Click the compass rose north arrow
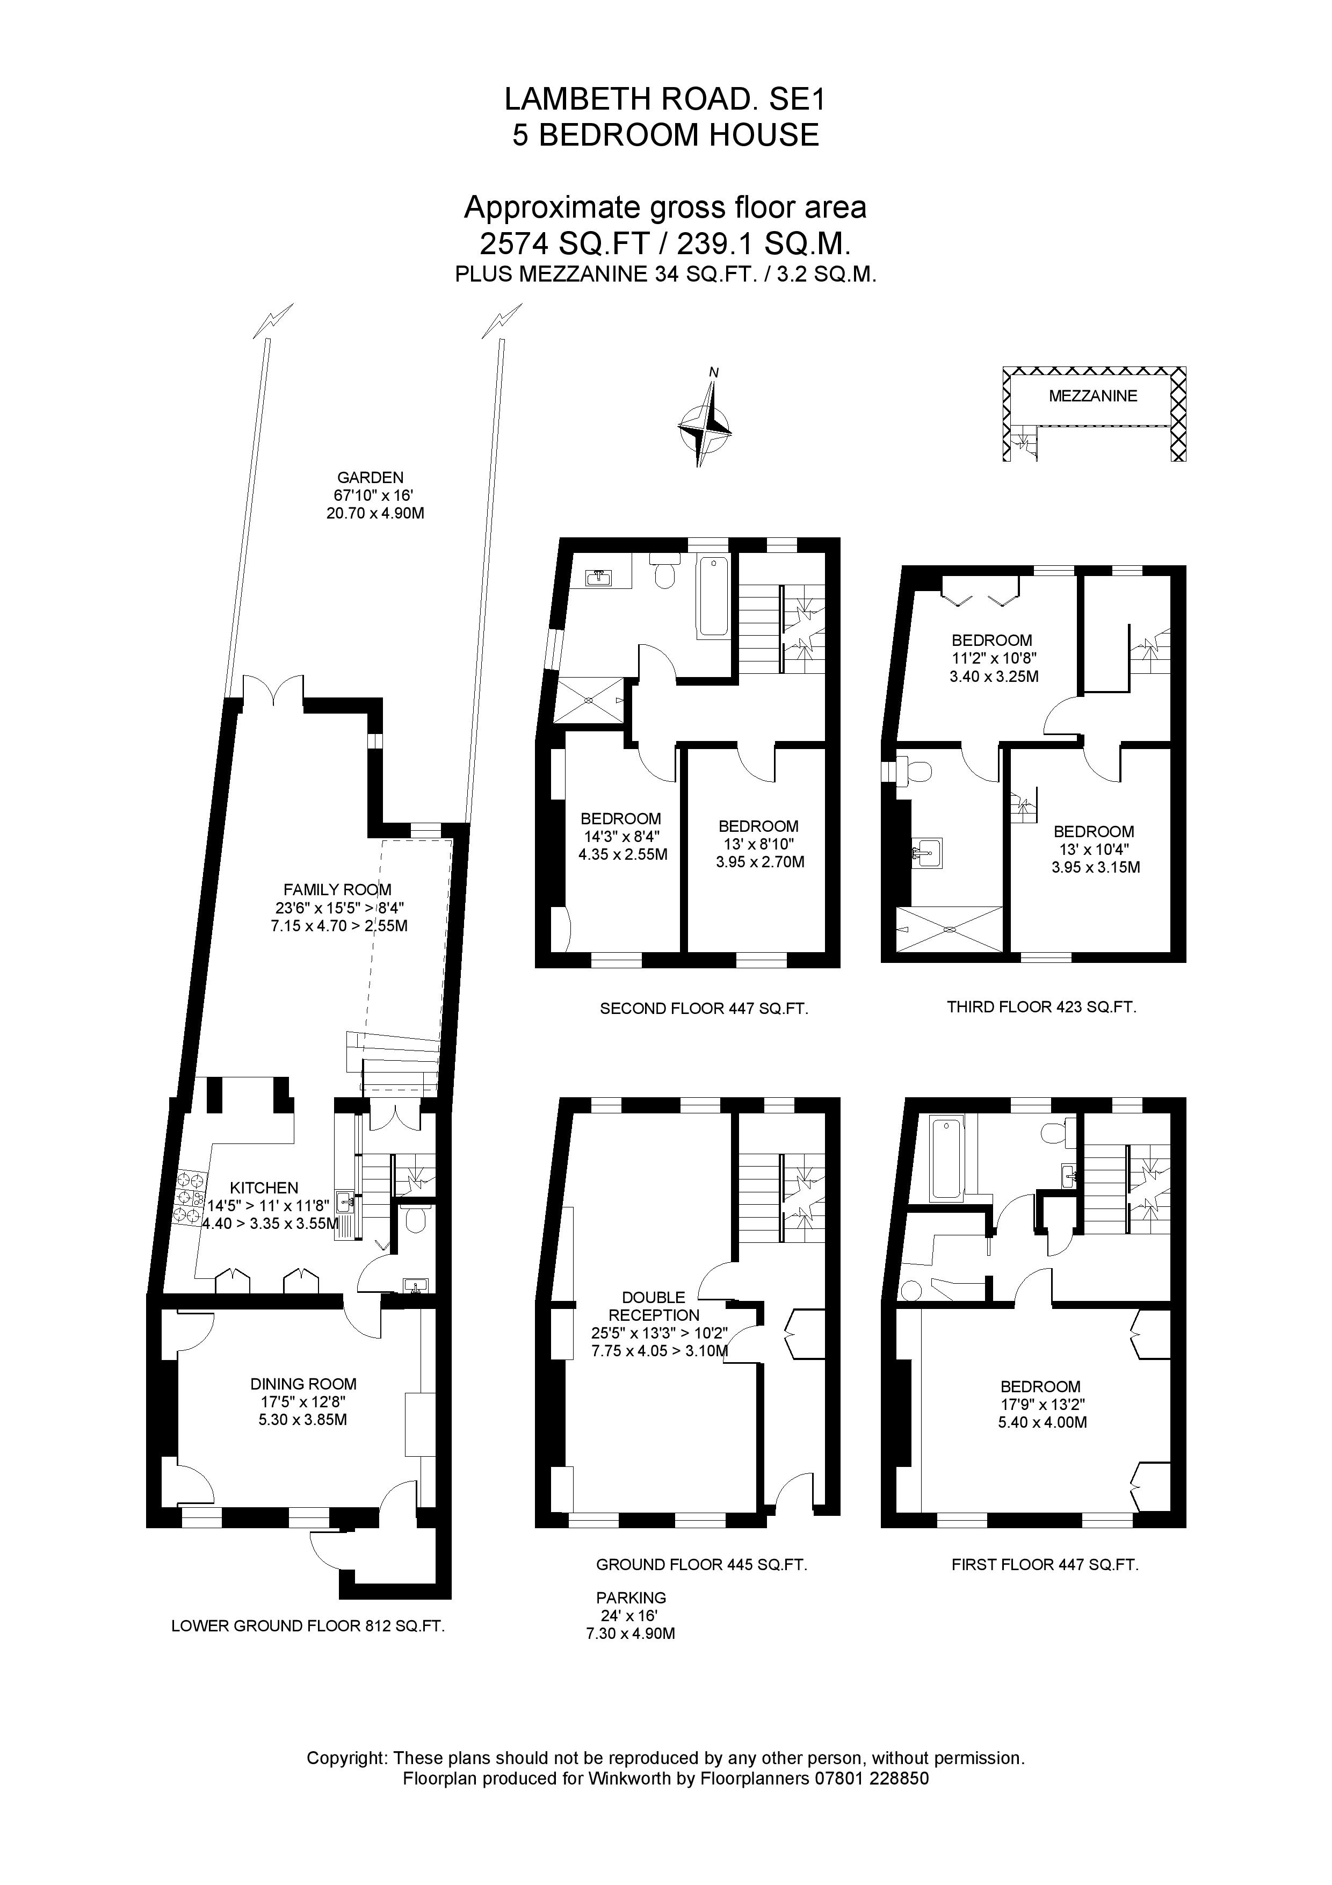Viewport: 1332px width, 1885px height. tap(704, 426)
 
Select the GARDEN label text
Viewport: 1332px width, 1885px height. tap(370, 478)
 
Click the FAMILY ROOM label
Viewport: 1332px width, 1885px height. tap(337, 889)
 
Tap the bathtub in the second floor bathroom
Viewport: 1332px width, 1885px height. tap(712, 597)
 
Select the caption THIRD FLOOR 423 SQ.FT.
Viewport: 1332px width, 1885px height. tap(1041, 1006)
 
